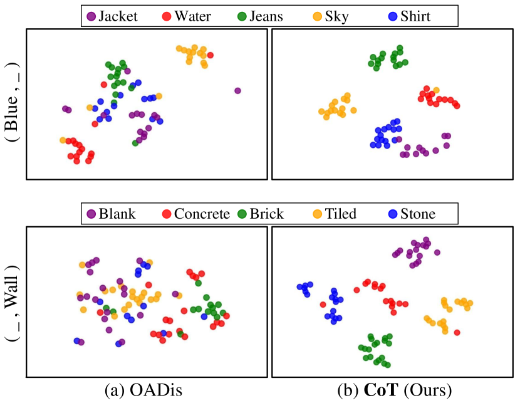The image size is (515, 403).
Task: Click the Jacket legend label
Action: pyautogui.click(x=118, y=16)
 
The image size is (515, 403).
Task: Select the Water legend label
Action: pyautogui.click(x=192, y=16)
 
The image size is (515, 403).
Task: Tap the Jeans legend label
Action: pyautogui.click(x=266, y=16)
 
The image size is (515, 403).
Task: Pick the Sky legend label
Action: pyautogui.click(x=336, y=16)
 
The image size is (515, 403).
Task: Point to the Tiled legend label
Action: pyautogui.click(x=340, y=214)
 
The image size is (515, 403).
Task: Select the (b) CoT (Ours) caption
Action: pyautogui.click(x=393, y=390)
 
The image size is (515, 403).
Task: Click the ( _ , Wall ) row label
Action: pyautogui.click(x=12, y=303)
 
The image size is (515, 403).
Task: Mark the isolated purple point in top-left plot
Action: pyautogui.click(x=237, y=91)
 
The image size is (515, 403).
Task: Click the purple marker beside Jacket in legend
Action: pyautogui.click(x=91, y=16)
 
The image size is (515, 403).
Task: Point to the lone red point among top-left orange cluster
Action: pyautogui.click(x=211, y=55)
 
